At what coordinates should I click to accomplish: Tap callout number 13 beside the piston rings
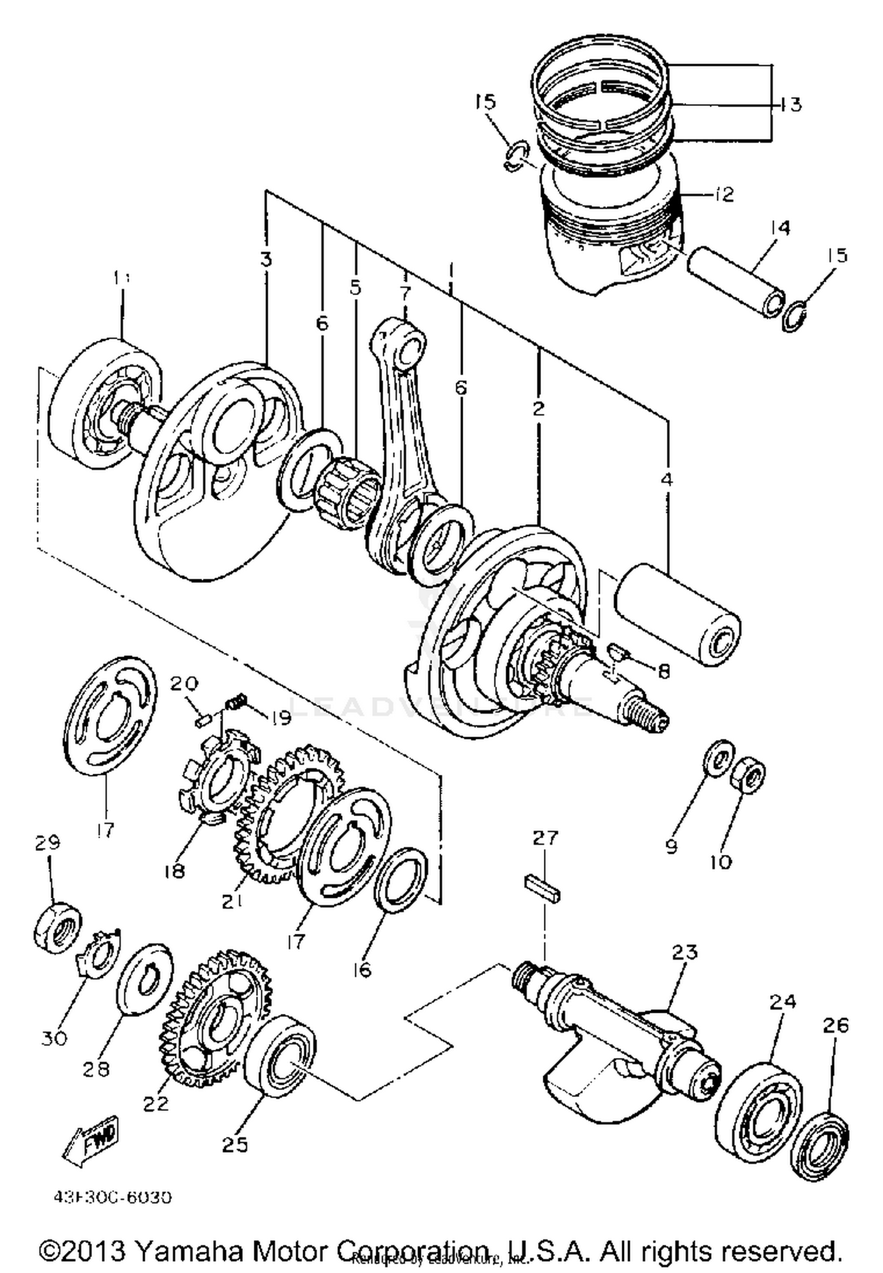point(791,104)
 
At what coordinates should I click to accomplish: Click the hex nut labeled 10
point(748,775)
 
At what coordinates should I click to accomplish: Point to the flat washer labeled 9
point(718,758)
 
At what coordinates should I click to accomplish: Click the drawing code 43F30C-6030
point(112,1198)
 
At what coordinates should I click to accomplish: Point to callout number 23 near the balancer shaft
point(684,952)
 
